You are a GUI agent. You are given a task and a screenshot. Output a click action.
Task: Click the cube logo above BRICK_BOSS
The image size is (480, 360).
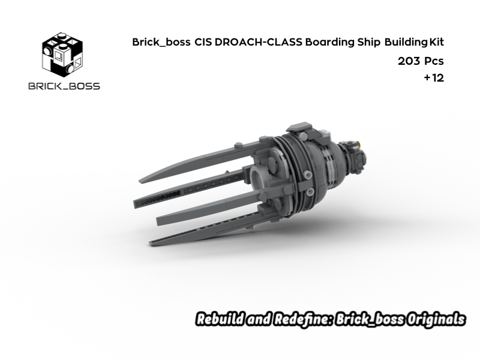(62, 55)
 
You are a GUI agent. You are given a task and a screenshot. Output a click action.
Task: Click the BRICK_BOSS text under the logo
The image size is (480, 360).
(64, 86)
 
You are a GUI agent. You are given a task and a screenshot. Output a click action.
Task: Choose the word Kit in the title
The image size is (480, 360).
(436, 42)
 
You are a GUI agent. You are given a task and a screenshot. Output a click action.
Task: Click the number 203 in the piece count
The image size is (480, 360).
(409, 61)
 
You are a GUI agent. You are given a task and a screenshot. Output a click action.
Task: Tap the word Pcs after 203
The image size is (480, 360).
(434, 61)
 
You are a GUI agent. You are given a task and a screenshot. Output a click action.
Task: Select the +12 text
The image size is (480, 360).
(433, 78)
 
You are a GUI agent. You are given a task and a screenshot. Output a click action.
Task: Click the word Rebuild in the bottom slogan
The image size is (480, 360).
(218, 319)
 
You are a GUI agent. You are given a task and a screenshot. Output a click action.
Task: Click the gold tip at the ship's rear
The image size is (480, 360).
(360, 143)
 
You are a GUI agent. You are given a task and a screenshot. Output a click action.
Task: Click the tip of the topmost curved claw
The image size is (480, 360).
(142, 179)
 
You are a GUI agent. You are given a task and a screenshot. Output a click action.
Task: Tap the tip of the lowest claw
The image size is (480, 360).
(151, 243)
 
